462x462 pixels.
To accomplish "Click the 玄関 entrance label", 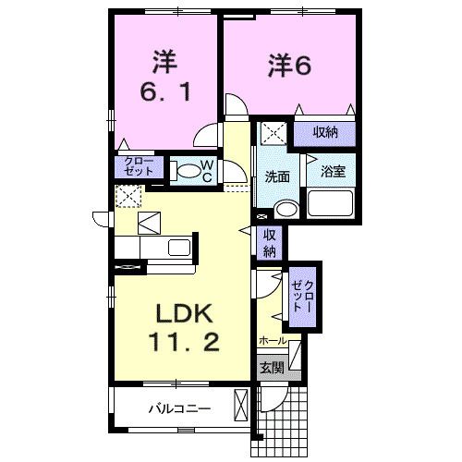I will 271,368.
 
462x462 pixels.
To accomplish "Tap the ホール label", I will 272,341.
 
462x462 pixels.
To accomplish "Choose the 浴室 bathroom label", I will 333,171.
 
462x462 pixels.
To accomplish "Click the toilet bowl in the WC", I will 187,170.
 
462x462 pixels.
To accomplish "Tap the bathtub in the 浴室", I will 331,204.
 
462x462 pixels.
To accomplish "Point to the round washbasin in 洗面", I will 286,209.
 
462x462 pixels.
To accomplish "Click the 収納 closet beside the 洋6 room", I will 324,132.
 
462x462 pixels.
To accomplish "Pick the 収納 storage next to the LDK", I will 270,242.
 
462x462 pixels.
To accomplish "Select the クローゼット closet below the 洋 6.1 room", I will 138,167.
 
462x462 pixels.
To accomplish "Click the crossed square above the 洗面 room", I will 273,132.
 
